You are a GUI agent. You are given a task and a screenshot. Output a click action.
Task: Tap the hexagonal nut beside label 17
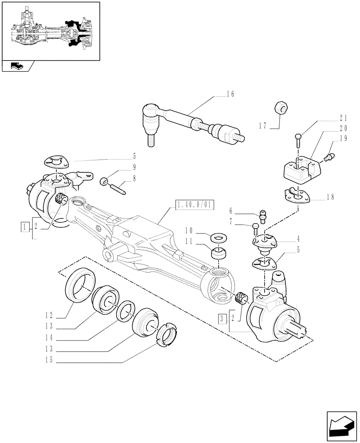[282, 108]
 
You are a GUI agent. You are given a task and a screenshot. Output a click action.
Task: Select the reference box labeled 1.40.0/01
[195, 205]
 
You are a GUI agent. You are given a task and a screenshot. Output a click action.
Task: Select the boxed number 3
[222, 318]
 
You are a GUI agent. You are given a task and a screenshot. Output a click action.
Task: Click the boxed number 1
[24, 227]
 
